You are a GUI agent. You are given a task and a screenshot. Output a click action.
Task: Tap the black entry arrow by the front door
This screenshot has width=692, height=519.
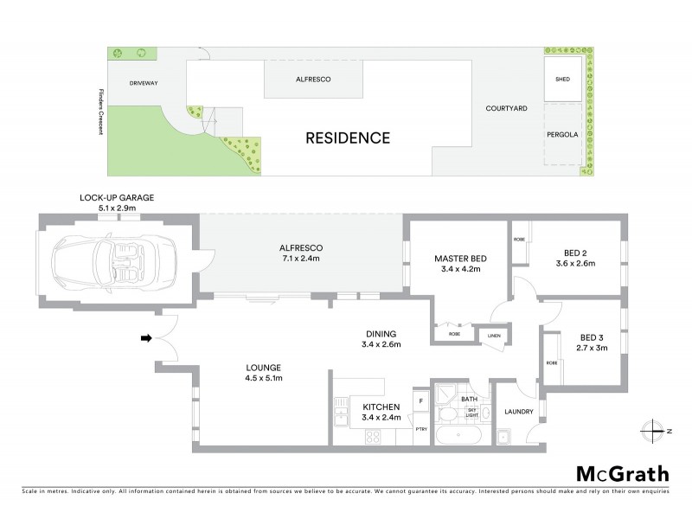[x=147, y=337]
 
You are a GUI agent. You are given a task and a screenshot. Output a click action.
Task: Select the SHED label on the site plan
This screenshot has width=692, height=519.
[x=562, y=79]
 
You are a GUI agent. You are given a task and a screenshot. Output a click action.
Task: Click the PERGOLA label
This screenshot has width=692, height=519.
[x=562, y=136]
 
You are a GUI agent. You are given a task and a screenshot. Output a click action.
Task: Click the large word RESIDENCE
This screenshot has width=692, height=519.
[x=346, y=138]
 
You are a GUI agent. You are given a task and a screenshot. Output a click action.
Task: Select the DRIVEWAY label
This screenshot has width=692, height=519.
[x=144, y=83]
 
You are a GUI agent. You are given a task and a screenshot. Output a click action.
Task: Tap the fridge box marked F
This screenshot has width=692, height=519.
[x=420, y=402]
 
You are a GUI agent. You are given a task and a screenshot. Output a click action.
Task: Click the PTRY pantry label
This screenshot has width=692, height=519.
[x=421, y=429]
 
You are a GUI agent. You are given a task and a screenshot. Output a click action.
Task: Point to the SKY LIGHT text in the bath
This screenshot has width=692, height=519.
[x=472, y=413]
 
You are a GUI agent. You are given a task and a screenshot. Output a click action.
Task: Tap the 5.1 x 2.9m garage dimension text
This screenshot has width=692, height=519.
[x=117, y=208]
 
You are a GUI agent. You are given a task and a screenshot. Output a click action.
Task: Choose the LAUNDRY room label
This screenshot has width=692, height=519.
[x=519, y=412]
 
